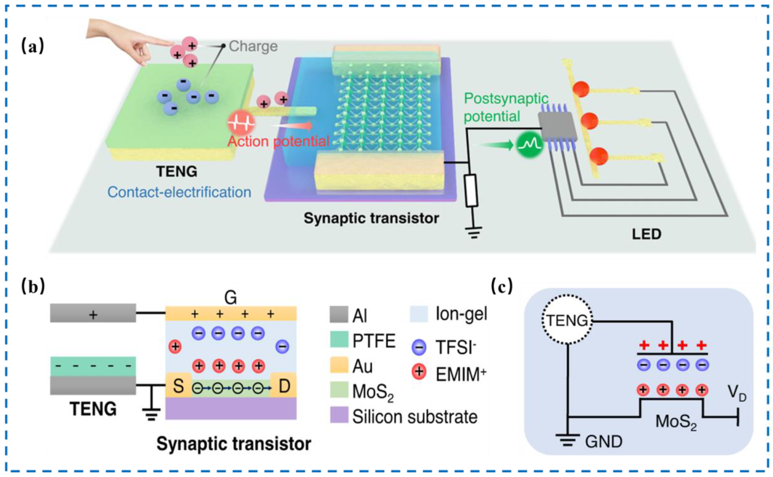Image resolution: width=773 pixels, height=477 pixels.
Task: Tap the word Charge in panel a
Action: click(253, 46)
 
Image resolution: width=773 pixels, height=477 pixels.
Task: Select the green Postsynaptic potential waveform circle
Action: click(529, 145)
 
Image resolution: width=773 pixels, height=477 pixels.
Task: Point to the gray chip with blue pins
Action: click(557, 126)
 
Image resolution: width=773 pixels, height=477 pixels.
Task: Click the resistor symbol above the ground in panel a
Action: click(471, 191)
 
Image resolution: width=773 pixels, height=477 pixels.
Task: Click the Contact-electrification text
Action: click(179, 192)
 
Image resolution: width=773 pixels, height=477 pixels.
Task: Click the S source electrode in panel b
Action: click(178, 385)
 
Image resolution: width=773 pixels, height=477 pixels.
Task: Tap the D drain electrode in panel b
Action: click(284, 385)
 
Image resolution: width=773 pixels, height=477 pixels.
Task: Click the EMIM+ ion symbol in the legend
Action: click(419, 372)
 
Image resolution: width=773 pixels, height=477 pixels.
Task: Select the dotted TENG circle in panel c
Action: click(567, 320)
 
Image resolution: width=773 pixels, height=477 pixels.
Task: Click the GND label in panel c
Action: click(604, 442)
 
